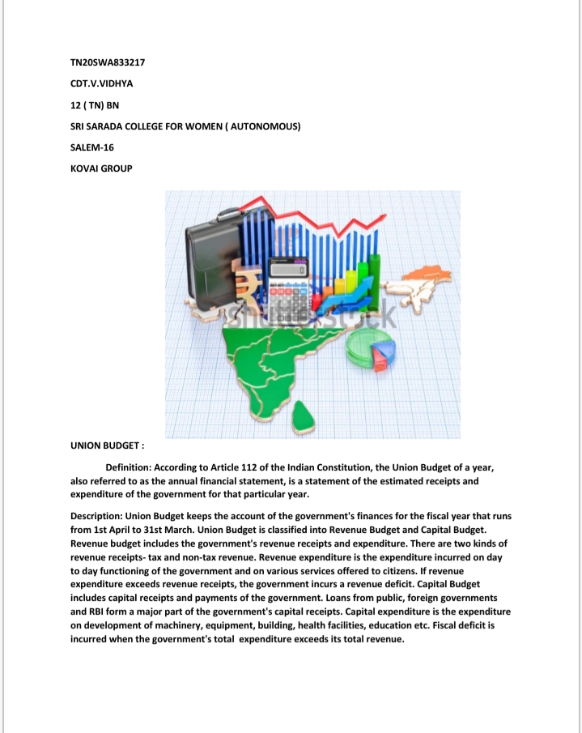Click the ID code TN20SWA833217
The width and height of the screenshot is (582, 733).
coord(107,62)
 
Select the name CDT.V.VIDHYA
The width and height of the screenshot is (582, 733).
coord(104,83)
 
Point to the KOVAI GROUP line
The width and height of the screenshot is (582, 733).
coord(101,168)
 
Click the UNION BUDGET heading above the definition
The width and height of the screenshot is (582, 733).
coord(107,445)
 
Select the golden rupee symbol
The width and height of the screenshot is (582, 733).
coord(246,288)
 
